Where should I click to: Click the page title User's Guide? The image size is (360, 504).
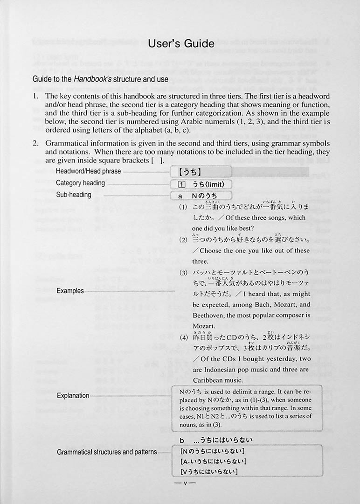(x=181, y=44)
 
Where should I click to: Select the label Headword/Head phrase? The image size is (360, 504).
(x=88, y=171)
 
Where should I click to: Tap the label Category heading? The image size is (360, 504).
(x=80, y=183)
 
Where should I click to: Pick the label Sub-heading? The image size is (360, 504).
(x=73, y=195)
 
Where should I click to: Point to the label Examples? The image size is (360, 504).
(x=70, y=291)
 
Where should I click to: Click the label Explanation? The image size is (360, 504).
(x=73, y=395)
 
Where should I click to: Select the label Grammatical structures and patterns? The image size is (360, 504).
(x=107, y=452)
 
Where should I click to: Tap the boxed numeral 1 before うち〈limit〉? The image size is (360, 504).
(x=175, y=184)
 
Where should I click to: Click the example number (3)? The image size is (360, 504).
(x=183, y=273)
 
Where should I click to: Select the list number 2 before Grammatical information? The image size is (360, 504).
(x=35, y=143)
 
